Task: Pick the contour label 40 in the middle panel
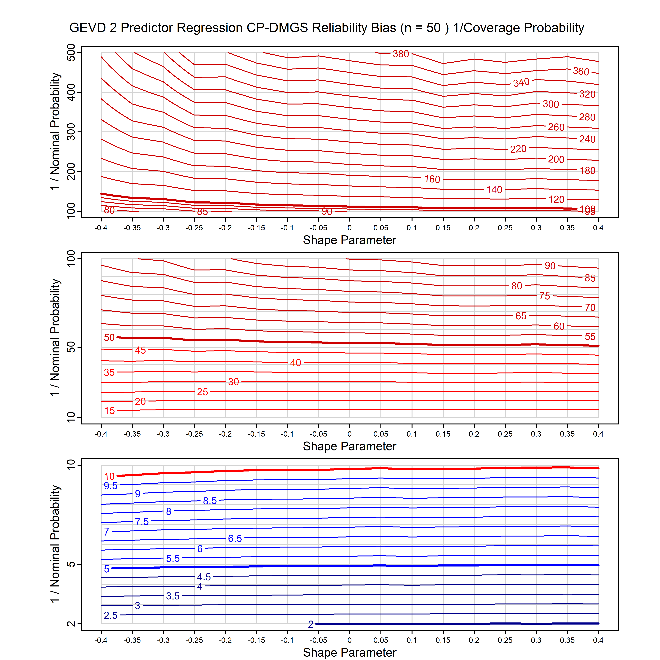click(295, 363)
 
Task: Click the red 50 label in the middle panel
click(109, 338)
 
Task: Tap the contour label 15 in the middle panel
click(109, 411)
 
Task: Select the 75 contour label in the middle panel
click(544, 296)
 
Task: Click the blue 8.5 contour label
click(210, 501)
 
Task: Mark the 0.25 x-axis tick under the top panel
click(505, 228)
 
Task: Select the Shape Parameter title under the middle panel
click(350, 446)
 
